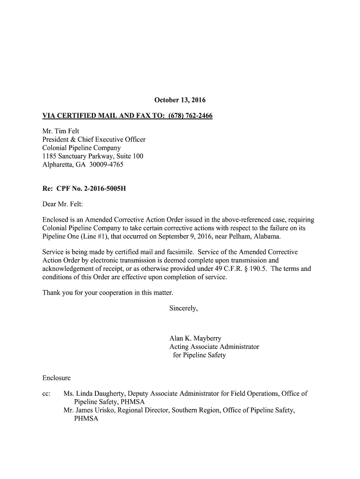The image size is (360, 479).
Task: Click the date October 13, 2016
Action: tap(180, 100)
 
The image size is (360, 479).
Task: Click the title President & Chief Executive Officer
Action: tap(94, 139)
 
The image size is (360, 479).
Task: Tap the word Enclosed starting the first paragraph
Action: tap(55, 219)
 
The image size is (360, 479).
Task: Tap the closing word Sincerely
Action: tap(183, 308)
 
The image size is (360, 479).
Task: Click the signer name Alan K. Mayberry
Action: tap(195, 338)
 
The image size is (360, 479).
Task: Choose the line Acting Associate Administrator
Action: tap(214, 347)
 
